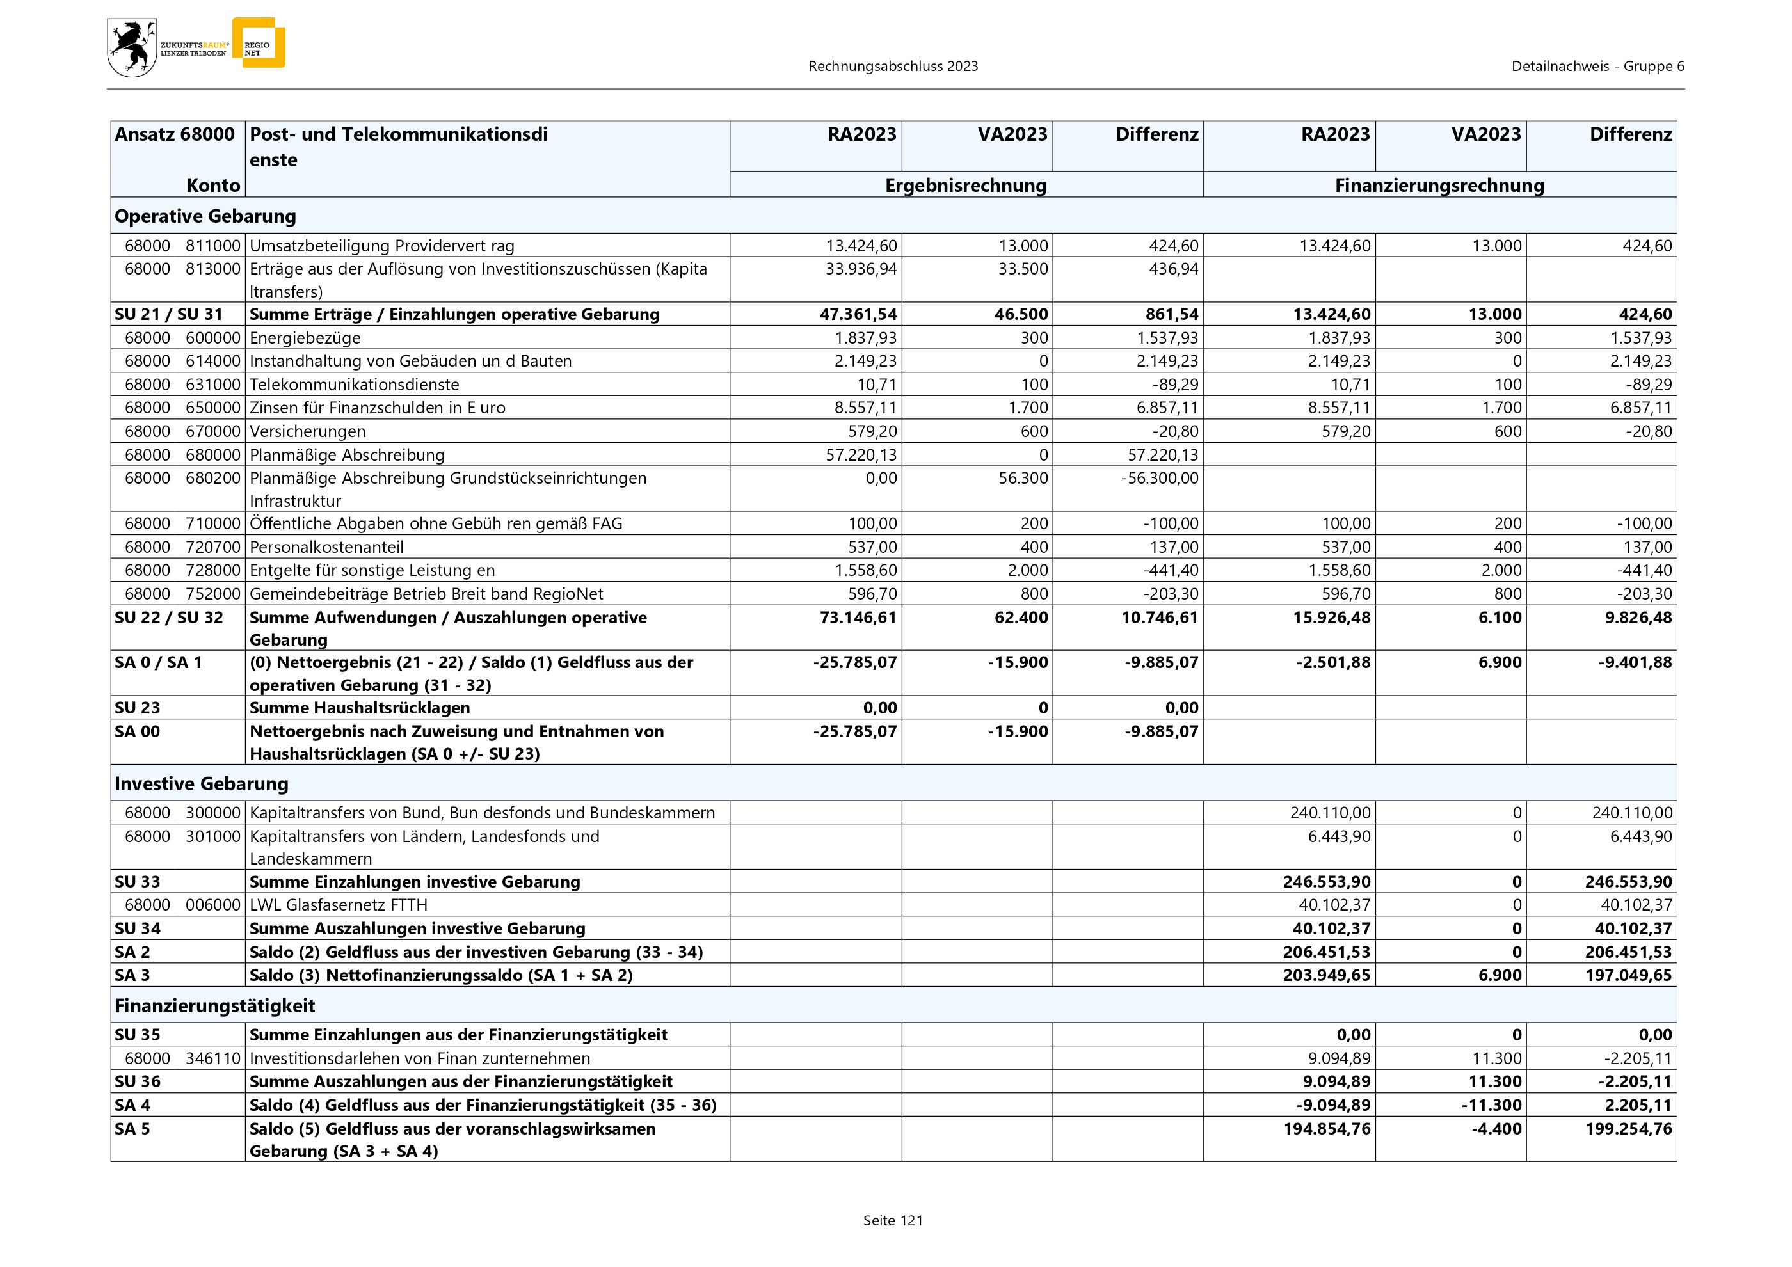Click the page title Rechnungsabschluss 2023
pos(893,67)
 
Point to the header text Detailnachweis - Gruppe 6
pos(1597,67)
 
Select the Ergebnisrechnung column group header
pos(966,186)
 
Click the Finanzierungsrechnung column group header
pos(1439,186)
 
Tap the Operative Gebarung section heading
pos(205,216)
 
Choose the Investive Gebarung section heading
pos(202,783)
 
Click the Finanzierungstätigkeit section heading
pos(214,1006)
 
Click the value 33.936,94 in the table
pos(861,269)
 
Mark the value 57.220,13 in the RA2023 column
pos(861,455)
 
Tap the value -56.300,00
pos(1159,478)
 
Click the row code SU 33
pos(138,882)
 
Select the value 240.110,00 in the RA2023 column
pos(1329,813)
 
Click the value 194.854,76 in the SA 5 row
pos(1327,1129)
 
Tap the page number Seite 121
pos(893,1221)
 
